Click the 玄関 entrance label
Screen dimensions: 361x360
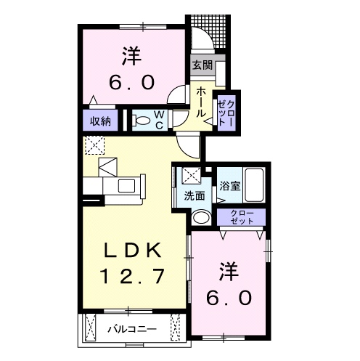pos(202,65)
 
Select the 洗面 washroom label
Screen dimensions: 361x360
pos(193,195)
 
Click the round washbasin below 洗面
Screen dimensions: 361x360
pos(201,217)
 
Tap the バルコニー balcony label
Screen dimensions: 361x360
pos(133,329)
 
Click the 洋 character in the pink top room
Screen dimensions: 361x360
pos(131,55)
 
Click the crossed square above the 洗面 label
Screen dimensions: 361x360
pos(191,175)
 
